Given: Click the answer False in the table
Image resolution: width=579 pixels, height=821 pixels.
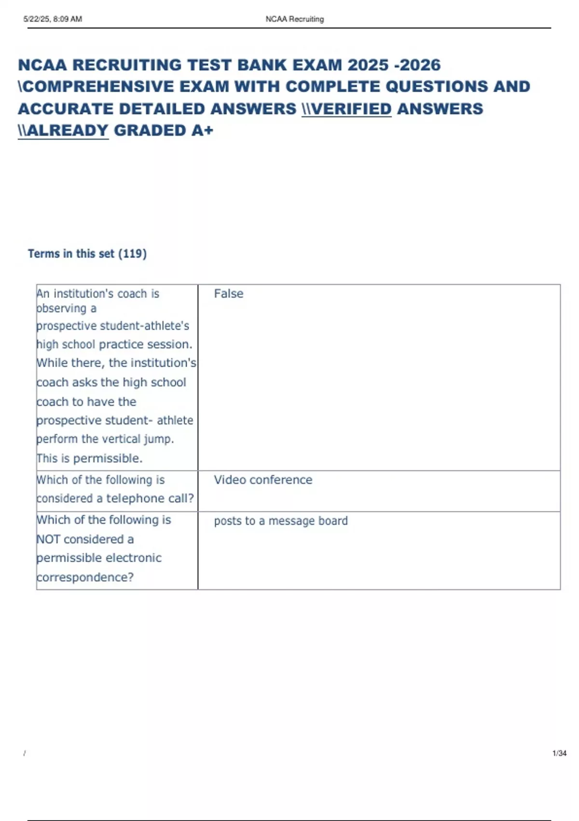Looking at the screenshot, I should [x=228, y=294].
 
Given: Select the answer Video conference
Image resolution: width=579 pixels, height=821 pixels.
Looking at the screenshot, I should [x=263, y=480].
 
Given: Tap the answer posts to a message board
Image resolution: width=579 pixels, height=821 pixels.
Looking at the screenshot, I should [x=280, y=521].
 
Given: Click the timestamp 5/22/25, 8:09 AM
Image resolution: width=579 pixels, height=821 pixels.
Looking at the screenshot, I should [x=53, y=19].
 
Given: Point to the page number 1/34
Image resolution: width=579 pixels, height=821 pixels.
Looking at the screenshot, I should [x=559, y=753].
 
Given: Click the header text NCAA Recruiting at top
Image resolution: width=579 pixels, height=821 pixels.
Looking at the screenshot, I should [x=294, y=19].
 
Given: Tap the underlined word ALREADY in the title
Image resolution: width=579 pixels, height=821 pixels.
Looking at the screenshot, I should [x=68, y=130].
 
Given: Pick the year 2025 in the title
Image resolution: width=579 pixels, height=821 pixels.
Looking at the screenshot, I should [x=368, y=65].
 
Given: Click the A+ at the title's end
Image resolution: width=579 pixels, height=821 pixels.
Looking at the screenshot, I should [x=202, y=130].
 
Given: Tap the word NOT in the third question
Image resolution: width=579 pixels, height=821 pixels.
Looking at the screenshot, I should [x=48, y=539].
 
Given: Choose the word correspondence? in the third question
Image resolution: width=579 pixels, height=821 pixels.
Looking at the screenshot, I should [x=85, y=577].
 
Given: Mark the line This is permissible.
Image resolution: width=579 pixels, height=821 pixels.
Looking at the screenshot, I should [x=89, y=458].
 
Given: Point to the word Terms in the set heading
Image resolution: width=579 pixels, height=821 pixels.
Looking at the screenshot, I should [x=43, y=254].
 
